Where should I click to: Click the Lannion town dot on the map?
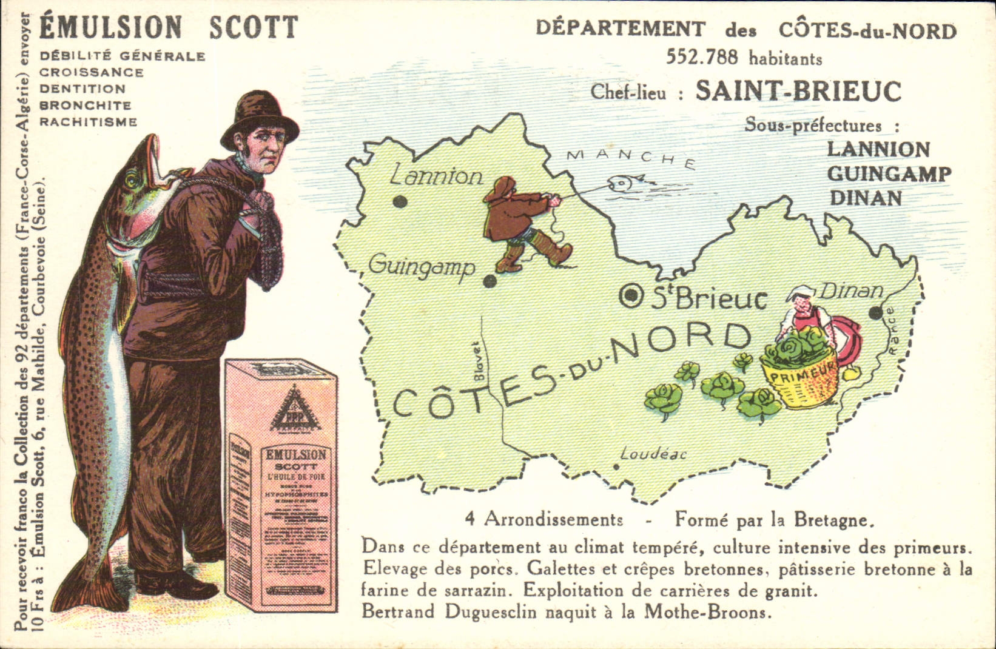(x=400, y=201)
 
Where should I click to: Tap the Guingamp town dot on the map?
(x=490, y=281)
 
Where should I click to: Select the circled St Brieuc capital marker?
(x=632, y=295)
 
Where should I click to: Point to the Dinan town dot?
(x=875, y=313)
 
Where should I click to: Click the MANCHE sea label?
(x=630, y=157)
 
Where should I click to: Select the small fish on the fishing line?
(x=624, y=183)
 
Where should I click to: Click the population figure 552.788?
(x=702, y=57)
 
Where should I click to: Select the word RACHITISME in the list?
(x=89, y=121)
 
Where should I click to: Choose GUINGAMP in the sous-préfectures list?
(x=889, y=174)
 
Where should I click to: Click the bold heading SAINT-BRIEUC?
(x=798, y=91)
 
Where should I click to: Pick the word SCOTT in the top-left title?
(x=254, y=27)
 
